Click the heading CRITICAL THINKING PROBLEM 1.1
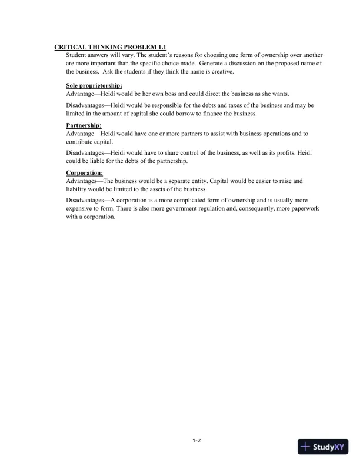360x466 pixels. (x=110, y=46)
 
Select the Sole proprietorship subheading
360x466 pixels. (x=94, y=86)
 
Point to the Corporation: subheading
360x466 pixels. (x=84, y=173)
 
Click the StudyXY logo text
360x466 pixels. (x=331, y=447)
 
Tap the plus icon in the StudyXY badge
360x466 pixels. (x=305, y=447)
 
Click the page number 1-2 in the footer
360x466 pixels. (x=196, y=440)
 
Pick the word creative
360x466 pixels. (x=219, y=71)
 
